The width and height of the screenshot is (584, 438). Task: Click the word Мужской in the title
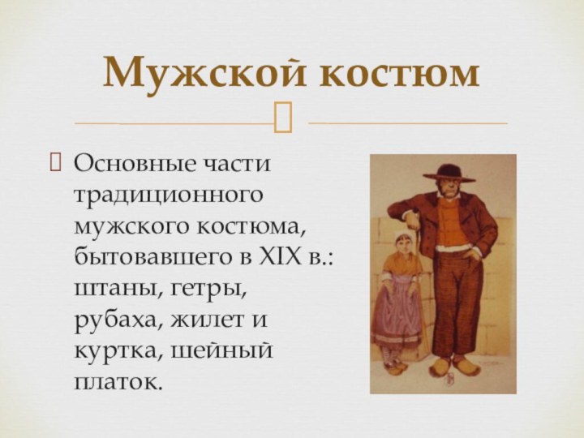coord(205,74)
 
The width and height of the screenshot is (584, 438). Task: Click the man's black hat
coord(449,171)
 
